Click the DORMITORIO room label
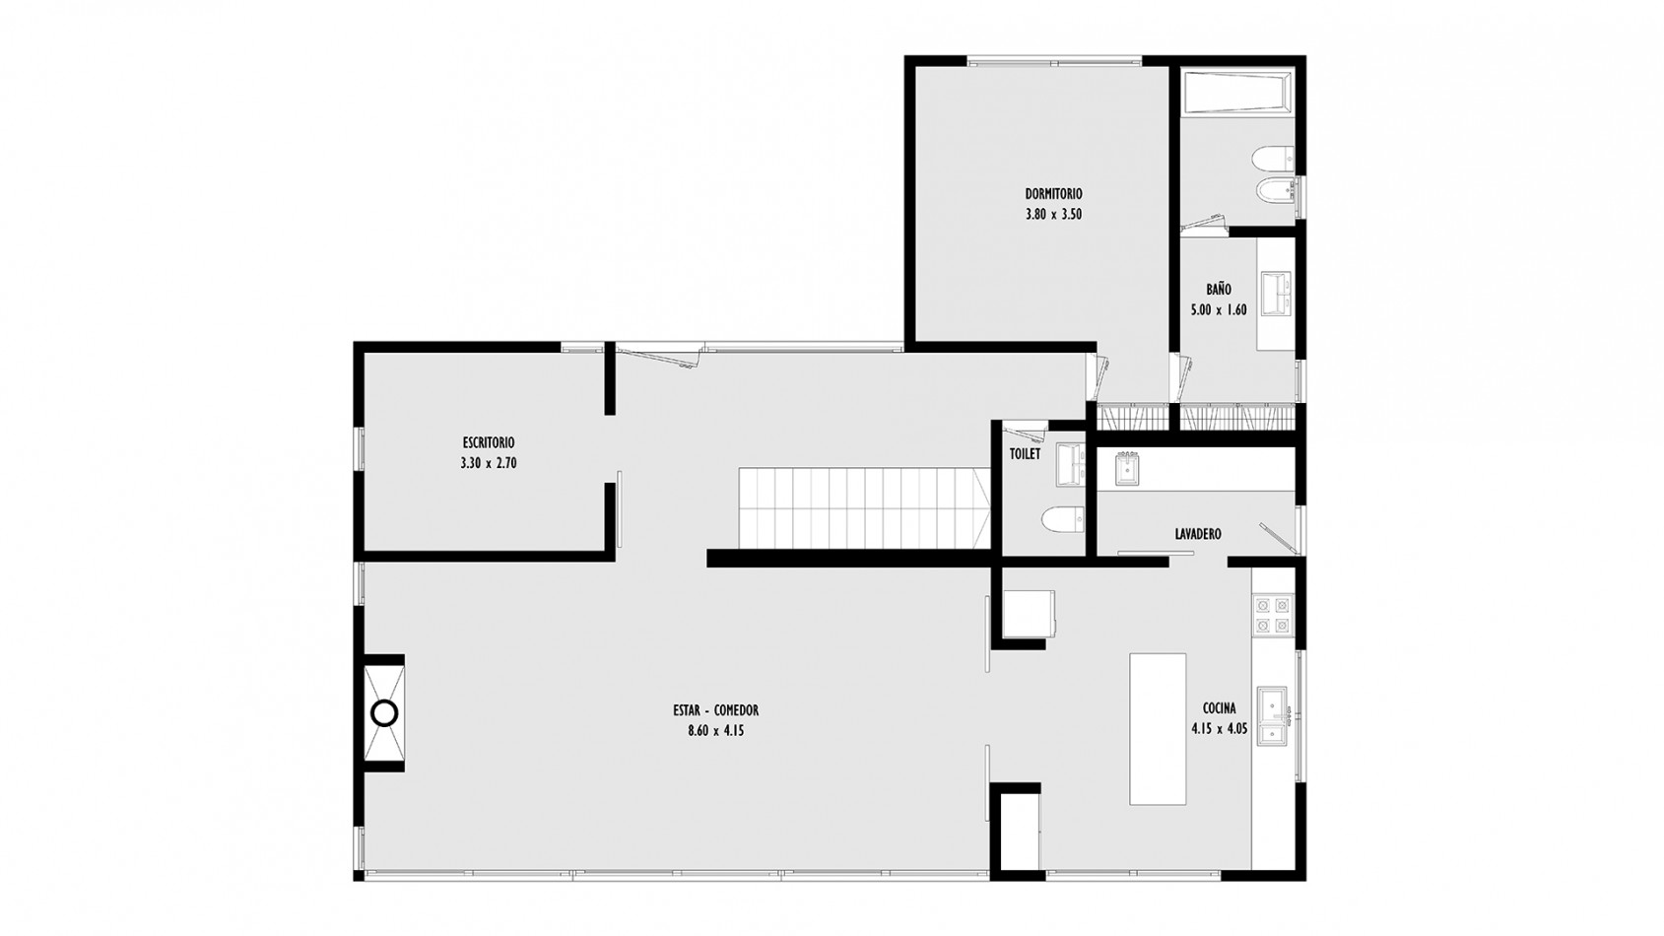[x=1053, y=194]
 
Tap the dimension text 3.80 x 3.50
[x=1053, y=215]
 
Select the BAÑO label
[x=1219, y=289]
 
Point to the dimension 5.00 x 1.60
[x=1219, y=309]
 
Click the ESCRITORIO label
[x=488, y=442]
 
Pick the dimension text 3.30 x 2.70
[x=488, y=463]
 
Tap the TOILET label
[x=1026, y=454]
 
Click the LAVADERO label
[x=1198, y=534]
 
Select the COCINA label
[x=1220, y=708]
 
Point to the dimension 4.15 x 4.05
[x=1220, y=729]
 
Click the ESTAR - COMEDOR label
[x=716, y=711]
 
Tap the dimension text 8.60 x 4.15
[x=716, y=731]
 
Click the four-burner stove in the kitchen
[x=1273, y=616]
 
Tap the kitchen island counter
[x=1158, y=729]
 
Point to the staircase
[x=865, y=508]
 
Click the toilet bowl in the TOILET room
[x=1063, y=520]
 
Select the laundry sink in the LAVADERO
[x=1128, y=469]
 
